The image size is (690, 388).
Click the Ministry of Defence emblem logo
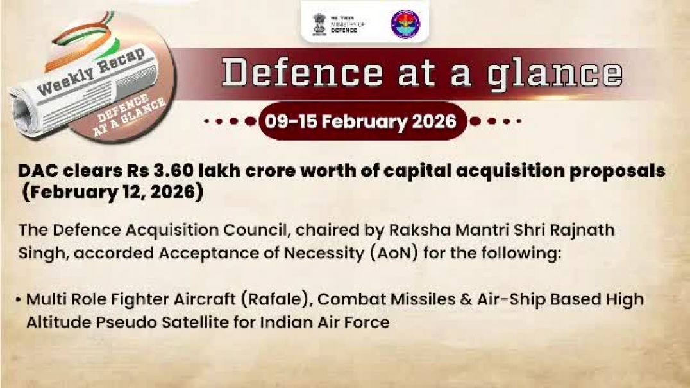(x=319, y=23)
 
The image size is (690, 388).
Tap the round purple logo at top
(x=405, y=24)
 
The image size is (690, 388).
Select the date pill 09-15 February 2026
(x=362, y=121)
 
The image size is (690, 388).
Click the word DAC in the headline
(x=38, y=172)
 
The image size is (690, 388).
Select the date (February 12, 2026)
(x=112, y=193)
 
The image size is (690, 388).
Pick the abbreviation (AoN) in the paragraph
(x=388, y=252)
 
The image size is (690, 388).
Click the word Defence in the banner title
(x=301, y=74)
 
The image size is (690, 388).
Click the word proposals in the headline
(x=616, y=172)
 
